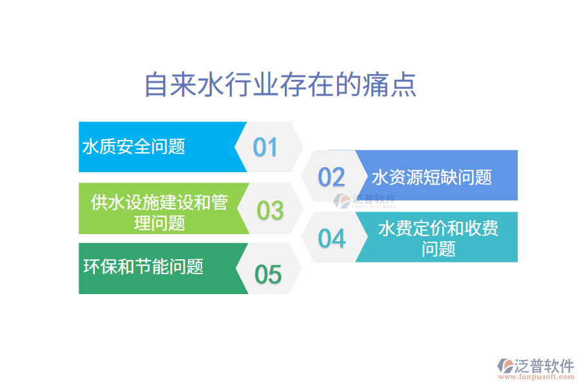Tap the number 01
[265, 148]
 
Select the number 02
[332, 177]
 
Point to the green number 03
[270, 210]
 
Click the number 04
[332, 239]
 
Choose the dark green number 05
[268, 275]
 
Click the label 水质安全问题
[134, 146]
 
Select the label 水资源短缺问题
[432, 177]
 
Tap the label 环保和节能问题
[143, 266]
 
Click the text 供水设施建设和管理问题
[159, 213]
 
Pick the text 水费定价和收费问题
[438, 238]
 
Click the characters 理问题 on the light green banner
[159, 223]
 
